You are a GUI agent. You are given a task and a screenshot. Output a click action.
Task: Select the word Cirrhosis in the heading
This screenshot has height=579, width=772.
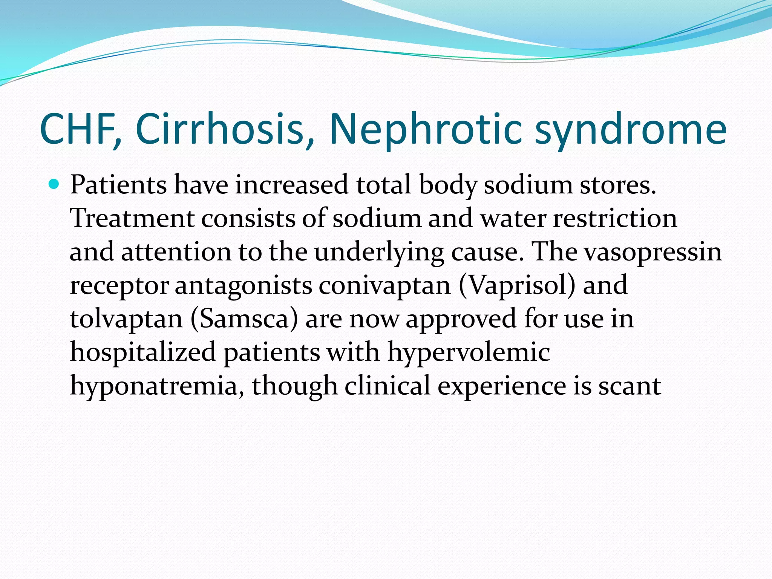(219, 129)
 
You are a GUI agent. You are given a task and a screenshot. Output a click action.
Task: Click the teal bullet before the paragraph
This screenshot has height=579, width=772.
(54, 184)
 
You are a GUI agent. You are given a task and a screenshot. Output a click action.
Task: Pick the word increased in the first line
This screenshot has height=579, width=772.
(292, 185)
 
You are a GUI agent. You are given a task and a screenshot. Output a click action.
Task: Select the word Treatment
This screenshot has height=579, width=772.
(132, 218)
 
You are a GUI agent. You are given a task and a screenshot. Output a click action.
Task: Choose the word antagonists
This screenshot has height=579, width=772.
(244, 286)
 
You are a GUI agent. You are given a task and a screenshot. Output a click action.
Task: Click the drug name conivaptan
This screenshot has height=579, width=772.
(385, 286)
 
